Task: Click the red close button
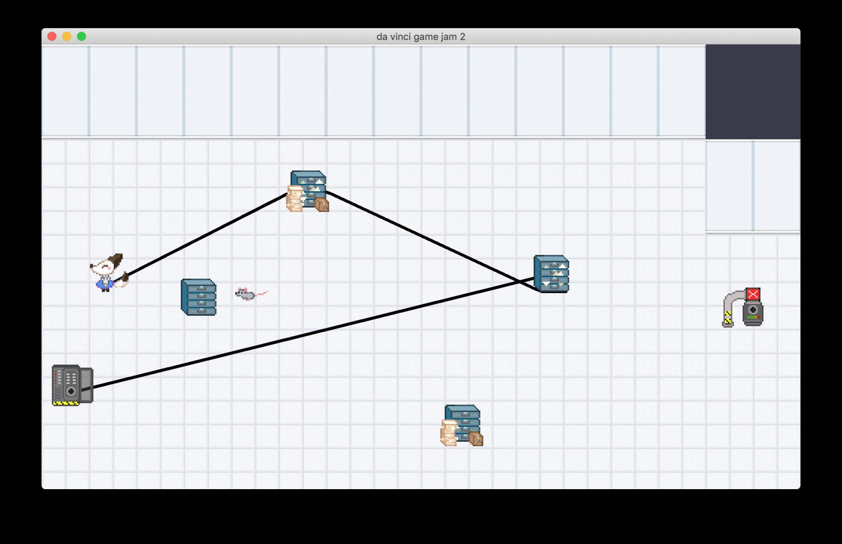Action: (x=52, y=36)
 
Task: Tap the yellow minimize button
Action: (x=67, y=36)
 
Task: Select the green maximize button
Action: (x=82, y=36)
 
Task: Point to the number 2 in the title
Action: (x=462, y=37)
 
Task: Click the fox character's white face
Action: (x=104, y=268)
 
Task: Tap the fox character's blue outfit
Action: (x=105, y=283)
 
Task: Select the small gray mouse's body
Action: (x=245, y=294)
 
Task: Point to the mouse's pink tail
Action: (x=261, y=293)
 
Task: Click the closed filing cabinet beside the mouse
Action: (x=199, y=297)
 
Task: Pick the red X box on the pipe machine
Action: (x=753, y=294)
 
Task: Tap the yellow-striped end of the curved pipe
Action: (x=728, y=319)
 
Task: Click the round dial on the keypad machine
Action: (x=71, y=391)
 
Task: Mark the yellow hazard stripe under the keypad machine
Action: (x=66, y=403)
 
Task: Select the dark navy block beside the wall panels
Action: (x=753, y=92)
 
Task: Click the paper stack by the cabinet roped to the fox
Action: (x=295, y=199)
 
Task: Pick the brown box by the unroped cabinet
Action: (x=476, y=439)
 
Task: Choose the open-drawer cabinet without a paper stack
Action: (x=552, y=274)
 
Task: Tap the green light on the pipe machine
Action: (x=750, y=317)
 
